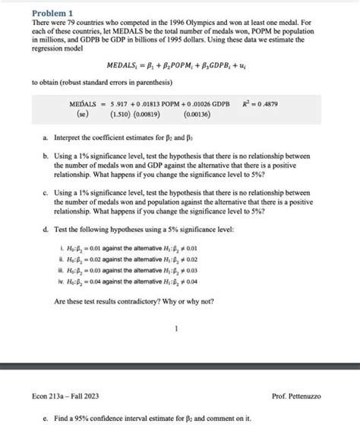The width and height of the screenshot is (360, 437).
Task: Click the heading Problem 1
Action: (x=52, y=13)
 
